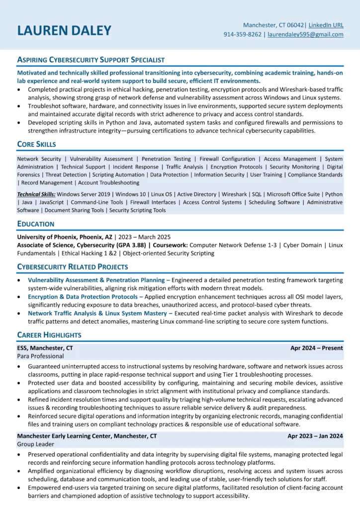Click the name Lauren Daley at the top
(x=64, y=30)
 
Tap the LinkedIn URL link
(x=326, y=25)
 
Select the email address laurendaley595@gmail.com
(x=305, y=34)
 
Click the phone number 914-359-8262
(x=243, y=34)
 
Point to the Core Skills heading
(x=36, y=144)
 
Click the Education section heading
(x=36, y=224)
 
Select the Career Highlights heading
(x=49, y=335)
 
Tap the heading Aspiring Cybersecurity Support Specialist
(x=90, y=60)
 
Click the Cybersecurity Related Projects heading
(x=72, y=266)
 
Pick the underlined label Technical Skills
(x=36, y=194)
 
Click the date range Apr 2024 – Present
(x=317, y=348)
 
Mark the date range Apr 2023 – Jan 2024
(x=315, y=436)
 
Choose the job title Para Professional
(x=41, y=356)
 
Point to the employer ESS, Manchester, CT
(x=45, y=348)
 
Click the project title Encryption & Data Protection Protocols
(x=82, y=297)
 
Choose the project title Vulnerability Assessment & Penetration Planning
(x=96, y=280)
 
